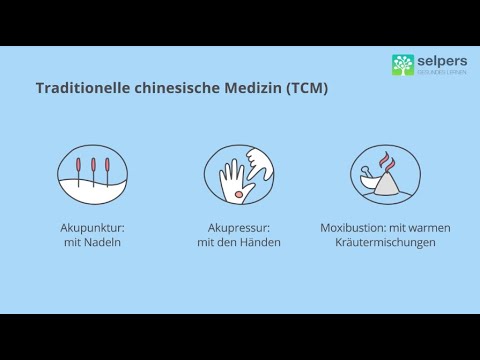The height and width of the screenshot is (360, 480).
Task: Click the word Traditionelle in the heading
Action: click(x=75, y=88)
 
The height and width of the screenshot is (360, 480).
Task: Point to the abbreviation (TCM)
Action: click(x=306, y=88)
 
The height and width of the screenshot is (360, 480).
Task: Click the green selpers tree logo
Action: click(x=402, y=65)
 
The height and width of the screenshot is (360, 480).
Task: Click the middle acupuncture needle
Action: click(x=93, y=167)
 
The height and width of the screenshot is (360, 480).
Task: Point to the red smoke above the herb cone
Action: click(x=383, y=161)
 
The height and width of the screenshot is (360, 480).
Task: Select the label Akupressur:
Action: click(x=238, y=228)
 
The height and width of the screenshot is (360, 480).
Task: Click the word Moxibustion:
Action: click(x=354, y=228)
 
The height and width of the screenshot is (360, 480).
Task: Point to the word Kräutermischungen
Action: click(x=385, y=243)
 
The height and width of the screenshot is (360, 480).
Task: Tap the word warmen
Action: click(x=430, y=228)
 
